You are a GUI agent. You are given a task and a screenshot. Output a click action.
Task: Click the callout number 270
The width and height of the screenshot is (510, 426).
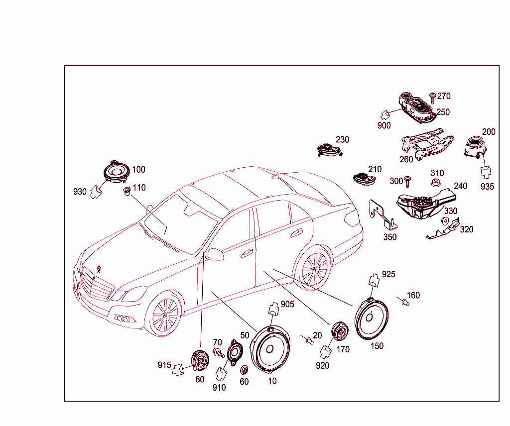444,96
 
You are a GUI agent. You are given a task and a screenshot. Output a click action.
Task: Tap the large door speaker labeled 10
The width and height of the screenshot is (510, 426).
269,350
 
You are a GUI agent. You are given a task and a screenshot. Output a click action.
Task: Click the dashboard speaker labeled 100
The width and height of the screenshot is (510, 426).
117,171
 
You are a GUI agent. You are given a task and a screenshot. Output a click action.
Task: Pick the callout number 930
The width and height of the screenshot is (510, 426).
80,192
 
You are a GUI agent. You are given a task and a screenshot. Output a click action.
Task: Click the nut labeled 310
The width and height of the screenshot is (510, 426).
436,183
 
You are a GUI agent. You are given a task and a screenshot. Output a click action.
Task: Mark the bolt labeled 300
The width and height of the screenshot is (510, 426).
407,182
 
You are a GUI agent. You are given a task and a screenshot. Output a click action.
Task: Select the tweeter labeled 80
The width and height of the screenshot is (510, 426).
200,361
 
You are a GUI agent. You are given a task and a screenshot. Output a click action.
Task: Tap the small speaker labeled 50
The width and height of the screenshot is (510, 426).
235,352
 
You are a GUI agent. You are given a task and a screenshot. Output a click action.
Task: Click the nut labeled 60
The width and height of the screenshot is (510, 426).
244,370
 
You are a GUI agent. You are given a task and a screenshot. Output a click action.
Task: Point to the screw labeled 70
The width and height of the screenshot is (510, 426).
218,353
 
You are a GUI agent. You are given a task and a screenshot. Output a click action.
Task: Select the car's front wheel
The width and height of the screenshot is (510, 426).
164,314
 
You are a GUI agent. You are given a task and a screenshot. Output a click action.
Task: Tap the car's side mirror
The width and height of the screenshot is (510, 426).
215,254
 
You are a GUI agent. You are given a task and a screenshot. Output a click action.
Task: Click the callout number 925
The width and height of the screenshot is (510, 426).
388,274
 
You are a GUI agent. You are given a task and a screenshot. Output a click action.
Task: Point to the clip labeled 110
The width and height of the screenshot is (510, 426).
127,191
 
